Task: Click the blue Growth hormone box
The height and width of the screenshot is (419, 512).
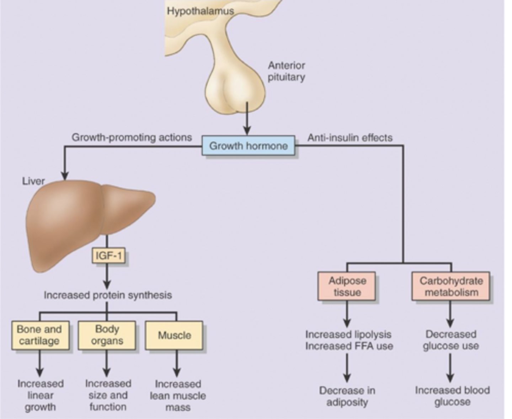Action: [248, 146]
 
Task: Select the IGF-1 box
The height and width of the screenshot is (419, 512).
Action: [108, 256]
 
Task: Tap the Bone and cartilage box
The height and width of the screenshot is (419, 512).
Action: [40, 335]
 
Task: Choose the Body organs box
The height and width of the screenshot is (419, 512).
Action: [107, 335]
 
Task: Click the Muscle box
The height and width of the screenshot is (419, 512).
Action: [174, 335]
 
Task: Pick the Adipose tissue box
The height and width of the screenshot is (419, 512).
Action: [347, 287]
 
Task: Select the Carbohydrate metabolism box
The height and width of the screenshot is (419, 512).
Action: [451, 287]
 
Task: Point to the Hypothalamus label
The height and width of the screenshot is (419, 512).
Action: [201, 11]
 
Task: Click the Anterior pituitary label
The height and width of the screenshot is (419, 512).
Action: [286, 71]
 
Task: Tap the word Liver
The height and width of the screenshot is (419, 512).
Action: [33, 181]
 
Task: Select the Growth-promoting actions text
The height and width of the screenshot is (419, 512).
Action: [132, 137]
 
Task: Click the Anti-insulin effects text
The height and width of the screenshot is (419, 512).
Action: [350, 138]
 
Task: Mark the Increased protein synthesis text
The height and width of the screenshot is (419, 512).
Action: [108, 295]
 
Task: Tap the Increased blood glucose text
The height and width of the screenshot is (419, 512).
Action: [452, 396]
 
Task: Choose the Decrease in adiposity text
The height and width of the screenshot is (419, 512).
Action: [347, 397]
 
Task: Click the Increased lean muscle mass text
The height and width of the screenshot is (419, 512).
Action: [178, 396]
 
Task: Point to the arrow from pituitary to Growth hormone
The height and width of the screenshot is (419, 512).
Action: [247, 119]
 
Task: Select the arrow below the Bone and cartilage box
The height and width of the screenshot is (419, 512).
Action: [40, 363]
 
